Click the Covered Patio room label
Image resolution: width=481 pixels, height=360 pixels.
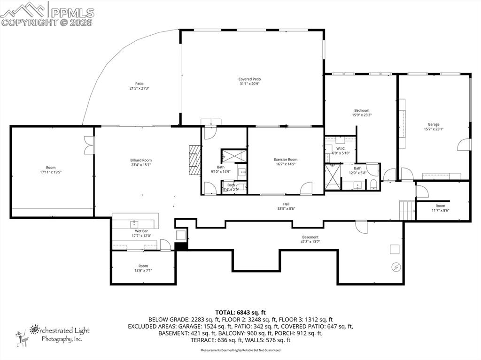pos(249,79)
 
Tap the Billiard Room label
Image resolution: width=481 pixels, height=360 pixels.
pos(141,161)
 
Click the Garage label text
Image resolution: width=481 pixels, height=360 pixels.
pos(433,124)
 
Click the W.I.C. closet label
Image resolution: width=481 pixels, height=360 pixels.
pos(341,149)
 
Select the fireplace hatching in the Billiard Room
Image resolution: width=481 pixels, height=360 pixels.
pos(194,160)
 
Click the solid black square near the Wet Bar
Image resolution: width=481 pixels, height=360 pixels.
pos(181,246)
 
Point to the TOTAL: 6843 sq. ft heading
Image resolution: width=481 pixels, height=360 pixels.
pos(240,312)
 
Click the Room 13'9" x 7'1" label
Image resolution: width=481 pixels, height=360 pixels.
pos(143,268)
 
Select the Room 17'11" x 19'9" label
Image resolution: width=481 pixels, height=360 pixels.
pos(50,170)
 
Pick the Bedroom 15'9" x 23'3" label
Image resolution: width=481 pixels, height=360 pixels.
pos(361,113)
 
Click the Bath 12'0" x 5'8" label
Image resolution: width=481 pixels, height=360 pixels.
pos(357,170)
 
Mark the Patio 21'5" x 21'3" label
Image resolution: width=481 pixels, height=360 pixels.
pos(139,86)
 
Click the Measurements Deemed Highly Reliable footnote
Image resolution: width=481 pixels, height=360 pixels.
pos(240,350)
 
